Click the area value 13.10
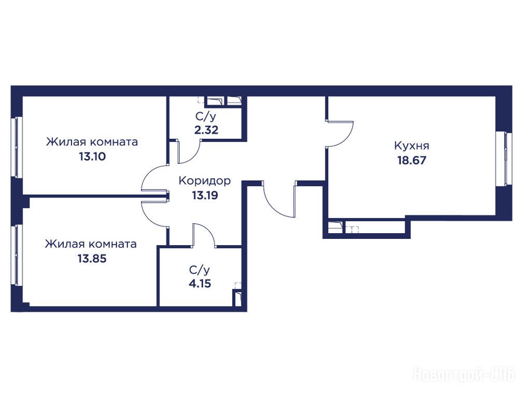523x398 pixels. coord(92,156)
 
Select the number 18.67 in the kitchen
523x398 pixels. coord(412,161)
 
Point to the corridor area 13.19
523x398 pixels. coord(205,195)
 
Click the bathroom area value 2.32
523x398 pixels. coord(206,130)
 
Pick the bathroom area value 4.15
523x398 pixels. coord(200,283)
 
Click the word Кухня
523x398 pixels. coord(412,146)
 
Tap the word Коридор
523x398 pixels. coord(205,181)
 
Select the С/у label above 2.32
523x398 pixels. coord(206,117)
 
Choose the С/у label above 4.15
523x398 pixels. coord(200,269)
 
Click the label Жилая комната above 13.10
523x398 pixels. coord(92,142)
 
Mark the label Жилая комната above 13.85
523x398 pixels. coord(91,244)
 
